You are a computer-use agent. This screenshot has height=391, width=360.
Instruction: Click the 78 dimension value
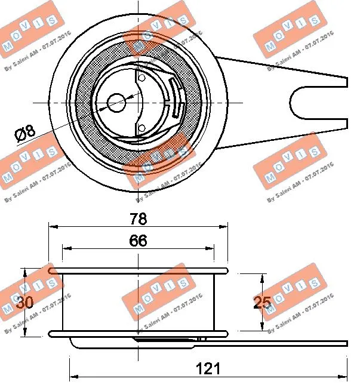click(138, 218)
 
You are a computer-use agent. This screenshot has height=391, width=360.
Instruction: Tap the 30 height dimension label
click(24, 303)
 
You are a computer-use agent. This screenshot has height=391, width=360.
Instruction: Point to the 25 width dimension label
click(262, 303)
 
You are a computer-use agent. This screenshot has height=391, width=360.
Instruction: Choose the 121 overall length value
click(208, 369)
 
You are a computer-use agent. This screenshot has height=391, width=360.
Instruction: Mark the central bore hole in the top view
click(117, 101)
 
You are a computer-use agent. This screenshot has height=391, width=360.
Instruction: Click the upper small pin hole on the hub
click(141, 77)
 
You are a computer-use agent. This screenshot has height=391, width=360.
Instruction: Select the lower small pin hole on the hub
click(141, 128)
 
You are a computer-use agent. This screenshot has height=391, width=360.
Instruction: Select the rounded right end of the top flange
click(226, 270)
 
